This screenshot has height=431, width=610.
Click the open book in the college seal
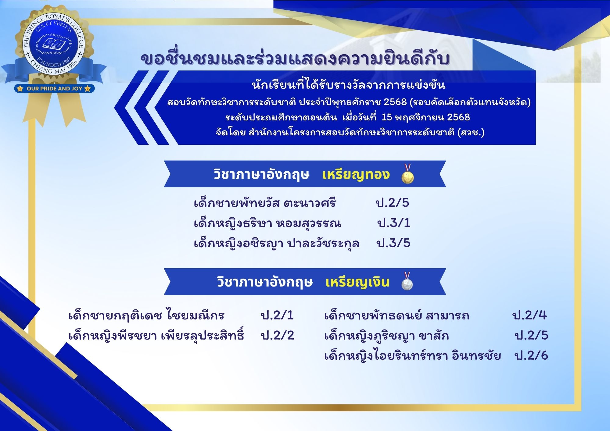tap(54, 44)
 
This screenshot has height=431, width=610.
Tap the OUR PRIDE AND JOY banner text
tap(54, 89)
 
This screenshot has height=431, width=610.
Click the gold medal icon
tap(408, 174)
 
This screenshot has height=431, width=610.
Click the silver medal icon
tap(407, 281)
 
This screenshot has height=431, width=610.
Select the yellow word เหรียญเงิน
tap(357, 282)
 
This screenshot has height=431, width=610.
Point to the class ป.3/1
tap(394, 223)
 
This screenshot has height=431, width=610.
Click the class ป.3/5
tap(393, 243)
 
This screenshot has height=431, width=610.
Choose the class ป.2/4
tap(529, 315)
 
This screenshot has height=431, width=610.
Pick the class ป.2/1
tap(277, 315)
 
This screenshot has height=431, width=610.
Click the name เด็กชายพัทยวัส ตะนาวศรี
tap(265, 203)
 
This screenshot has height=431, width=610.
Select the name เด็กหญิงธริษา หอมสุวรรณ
tap(267, 223)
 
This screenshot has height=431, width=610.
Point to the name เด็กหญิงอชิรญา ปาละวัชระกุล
tap(277, 243)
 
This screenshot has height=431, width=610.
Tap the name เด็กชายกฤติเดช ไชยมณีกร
tap(147, 315)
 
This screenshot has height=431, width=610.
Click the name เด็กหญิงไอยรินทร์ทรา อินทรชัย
tap(413, 355)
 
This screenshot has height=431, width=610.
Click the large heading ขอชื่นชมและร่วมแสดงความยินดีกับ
tap(295, 59)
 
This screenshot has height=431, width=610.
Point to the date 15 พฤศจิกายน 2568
tap(426, 117)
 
